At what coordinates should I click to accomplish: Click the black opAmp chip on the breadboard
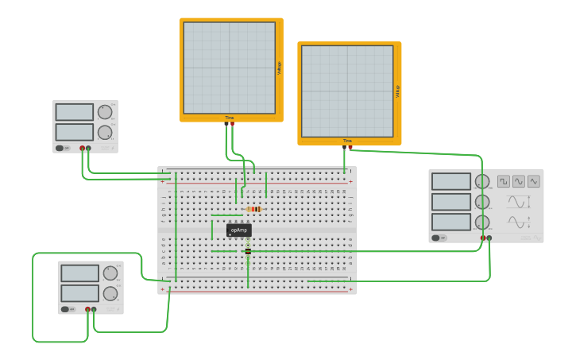click(239, 230)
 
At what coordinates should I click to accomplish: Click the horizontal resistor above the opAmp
click(254, 209)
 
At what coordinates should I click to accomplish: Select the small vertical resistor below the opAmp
click(248, 251)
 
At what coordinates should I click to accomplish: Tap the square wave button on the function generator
click(504, 181)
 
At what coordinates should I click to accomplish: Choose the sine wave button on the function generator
click(519, 181)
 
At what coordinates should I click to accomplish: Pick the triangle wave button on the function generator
click(534, 181)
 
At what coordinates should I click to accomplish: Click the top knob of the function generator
click(482, 181)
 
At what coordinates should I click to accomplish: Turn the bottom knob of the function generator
click(482, 222)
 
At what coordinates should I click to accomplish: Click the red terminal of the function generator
click(483, 238)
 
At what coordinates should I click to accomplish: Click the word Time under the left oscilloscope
click(230, 118)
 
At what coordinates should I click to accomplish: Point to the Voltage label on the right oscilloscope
click(397, 91)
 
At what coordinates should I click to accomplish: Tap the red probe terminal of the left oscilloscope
click(232, 123)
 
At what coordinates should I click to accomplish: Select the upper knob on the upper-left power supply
click(105, 112)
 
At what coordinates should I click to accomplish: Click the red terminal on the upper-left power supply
click(82, 148)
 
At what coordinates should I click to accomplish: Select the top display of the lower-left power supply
click(80, 273)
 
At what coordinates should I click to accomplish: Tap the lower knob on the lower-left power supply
click(110, 293)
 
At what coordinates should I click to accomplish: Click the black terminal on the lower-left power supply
click(94, 309)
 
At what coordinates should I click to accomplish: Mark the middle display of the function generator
click(451, 202)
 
